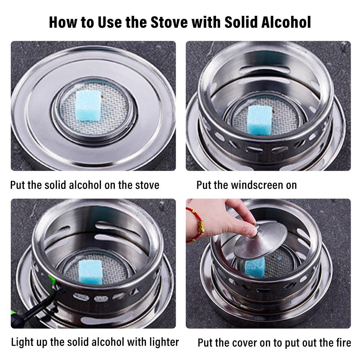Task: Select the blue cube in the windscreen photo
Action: pos(260,120)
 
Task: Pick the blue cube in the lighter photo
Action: pos(90,271)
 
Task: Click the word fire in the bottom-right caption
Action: pos(344,343)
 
